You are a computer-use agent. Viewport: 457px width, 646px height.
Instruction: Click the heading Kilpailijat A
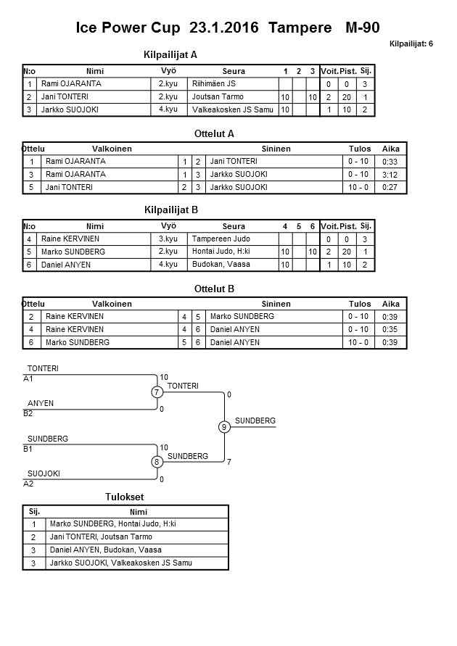[x=171, y=54]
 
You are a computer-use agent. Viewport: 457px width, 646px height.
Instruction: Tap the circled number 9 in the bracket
[x=225, y=427]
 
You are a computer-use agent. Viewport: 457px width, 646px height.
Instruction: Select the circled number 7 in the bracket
[x=157, y=392]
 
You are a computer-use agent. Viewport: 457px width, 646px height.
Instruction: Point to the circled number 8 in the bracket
[x=157, y=461]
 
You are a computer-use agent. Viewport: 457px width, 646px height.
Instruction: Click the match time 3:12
[x=390, y=174]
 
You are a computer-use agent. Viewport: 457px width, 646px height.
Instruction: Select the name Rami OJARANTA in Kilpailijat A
[x=71, y=83]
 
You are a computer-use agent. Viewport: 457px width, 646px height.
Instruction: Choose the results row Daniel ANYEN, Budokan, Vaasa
[x=105, y=550]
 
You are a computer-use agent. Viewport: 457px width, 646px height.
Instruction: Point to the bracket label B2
[x=28, y=413]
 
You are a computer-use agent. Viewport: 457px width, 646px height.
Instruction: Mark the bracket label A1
[x=28, y=378]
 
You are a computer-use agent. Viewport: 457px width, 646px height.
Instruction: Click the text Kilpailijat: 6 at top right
[x=411, y=44]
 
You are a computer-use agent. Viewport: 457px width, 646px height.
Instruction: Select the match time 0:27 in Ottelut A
[x=390, y=187]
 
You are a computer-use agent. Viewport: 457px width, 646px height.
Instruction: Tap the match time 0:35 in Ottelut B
[x=390, y=329]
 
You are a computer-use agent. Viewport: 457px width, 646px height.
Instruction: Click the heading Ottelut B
[x=215, y=289]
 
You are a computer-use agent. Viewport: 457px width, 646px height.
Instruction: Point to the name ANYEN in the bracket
[x=41, y=403]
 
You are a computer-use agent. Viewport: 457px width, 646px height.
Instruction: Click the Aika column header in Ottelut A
[x=391, y=149]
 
